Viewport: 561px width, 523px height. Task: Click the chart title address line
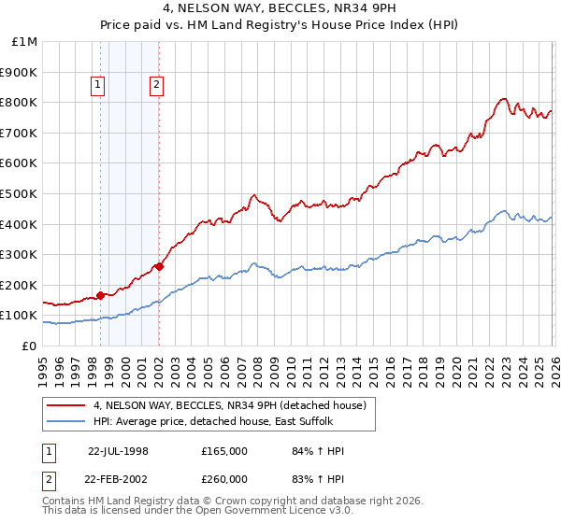point(280,9)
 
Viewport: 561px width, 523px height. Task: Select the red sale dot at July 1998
point(100,295)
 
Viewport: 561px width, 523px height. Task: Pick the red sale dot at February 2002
point(159,266)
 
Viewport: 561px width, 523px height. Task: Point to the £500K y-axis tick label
point(19,193)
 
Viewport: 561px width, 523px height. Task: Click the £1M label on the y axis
point(24,42)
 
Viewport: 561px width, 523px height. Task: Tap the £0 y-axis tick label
point(29,346)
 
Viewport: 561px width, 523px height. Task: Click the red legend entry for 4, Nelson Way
point(235,404)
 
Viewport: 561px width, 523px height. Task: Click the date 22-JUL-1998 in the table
point(118,451)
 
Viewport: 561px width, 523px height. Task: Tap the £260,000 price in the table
point(224,478)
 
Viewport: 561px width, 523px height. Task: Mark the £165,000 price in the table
point(224,451)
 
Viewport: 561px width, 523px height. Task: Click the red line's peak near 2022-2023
point(503,98)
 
